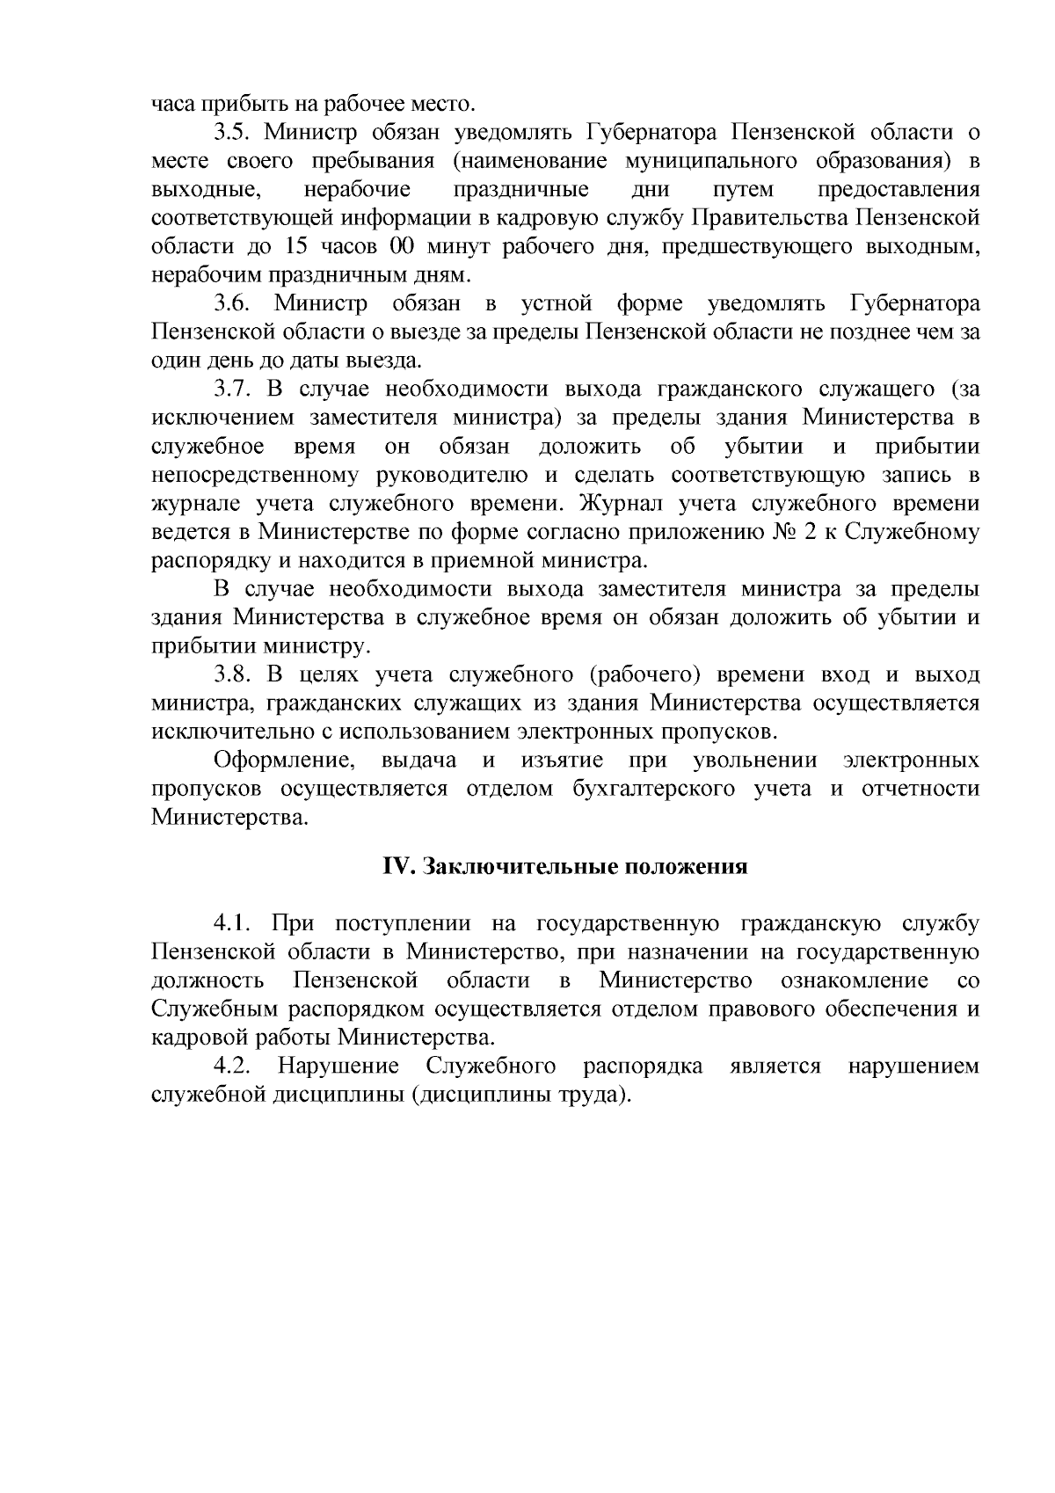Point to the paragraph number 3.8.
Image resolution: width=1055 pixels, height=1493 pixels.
tap(232, 674)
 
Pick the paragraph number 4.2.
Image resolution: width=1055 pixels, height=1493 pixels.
tap(232, 1067)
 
